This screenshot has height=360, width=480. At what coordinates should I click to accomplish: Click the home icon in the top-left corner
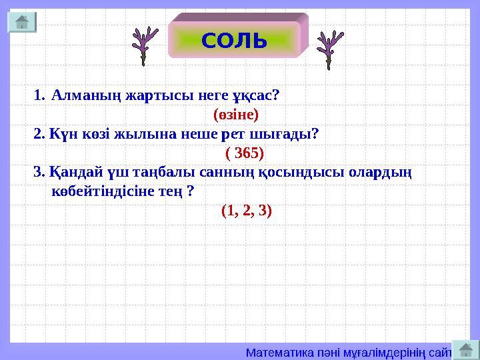[x=21, y=22]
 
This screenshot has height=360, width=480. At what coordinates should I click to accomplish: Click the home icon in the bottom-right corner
[x=466, y=349]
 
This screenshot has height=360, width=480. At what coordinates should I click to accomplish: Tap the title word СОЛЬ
[x=234, y=41]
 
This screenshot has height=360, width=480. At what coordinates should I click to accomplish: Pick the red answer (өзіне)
[x=235, y=114]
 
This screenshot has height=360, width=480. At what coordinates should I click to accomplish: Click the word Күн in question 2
[x=58, y=134]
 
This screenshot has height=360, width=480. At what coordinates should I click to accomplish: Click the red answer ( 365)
[x=245, y=153]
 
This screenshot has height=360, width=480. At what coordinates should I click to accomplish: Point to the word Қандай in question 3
[x=69, y=173]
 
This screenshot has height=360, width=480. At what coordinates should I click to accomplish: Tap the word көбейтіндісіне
[x=114, y=192]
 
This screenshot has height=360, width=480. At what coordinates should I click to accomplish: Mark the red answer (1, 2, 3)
[x=246, y=211]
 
